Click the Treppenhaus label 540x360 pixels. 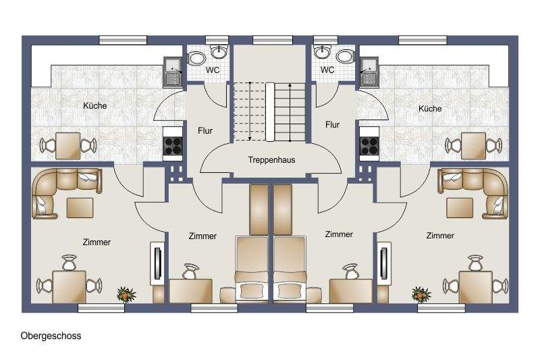(x=271, y=160)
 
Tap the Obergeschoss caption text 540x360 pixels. (x=51, y=336)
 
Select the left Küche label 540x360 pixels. (x=95, y=106)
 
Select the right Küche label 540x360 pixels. (x=430, y=109)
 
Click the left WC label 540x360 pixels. (x=212, y=70)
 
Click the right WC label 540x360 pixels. (x=327, y=70)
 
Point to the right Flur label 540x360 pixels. (x=332, y=124)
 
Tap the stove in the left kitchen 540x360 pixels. (x=173, y=143)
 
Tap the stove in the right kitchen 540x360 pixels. (x=369, y=143)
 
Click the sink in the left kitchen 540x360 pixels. (x=173, y=71)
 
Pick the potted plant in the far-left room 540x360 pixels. (x=126, y=294)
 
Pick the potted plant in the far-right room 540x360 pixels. (x=421, y=294)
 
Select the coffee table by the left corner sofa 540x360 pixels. (x=80, y=205)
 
